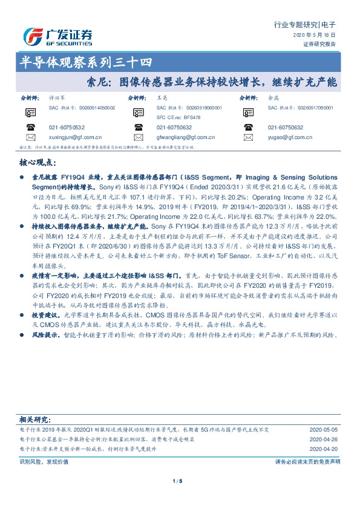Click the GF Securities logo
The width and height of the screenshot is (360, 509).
tap(57, 35)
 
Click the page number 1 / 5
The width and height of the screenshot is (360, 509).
tap(177, 481)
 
